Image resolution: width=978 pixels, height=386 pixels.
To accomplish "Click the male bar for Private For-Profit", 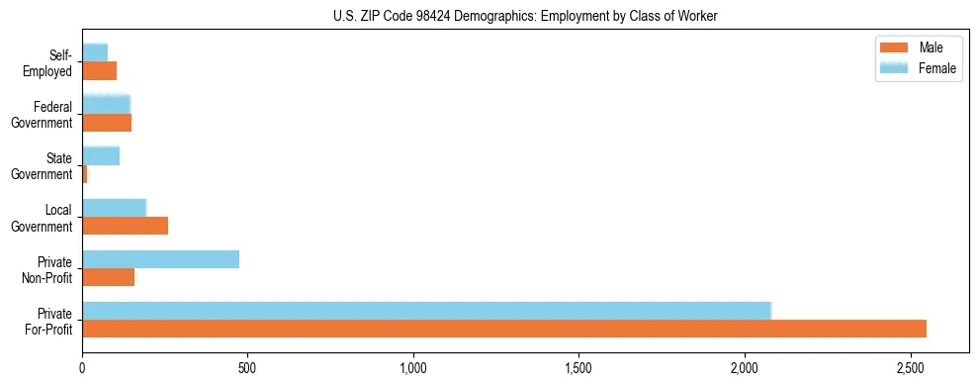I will (504, 329).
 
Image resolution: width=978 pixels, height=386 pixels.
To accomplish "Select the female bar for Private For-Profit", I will (426, 311).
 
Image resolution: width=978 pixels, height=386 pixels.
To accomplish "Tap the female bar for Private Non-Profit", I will (160, 259).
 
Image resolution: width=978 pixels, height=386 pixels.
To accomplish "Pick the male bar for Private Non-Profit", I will (109, 277).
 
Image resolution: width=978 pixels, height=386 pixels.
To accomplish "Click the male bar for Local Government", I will (125, 226).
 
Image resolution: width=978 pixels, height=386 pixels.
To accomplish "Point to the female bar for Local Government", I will (114, 208).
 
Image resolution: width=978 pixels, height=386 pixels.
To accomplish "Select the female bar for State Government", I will (101, 155).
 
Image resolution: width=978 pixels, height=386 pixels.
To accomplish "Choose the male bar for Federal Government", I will (107, 123).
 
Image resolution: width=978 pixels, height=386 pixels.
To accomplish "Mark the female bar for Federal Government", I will (106, 104).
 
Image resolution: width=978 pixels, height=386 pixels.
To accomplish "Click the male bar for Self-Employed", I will (99, 71).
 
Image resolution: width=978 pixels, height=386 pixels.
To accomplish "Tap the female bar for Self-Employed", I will (95, 52).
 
